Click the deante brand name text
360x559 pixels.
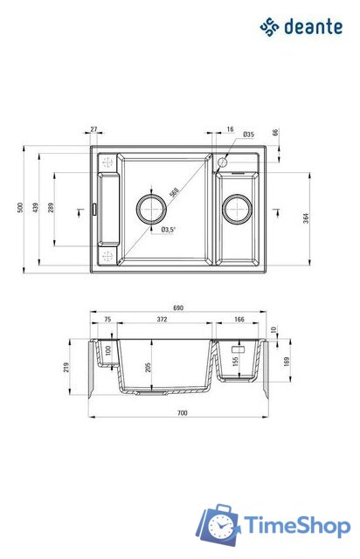coord(313,28)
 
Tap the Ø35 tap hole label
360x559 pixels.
coord(249,135)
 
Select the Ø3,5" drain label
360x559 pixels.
coord(169,231)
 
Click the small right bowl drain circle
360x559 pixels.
coord(237,209)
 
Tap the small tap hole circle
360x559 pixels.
coord(222,162)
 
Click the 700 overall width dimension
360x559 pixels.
coord(181,411)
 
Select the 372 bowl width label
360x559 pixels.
coord(163,321)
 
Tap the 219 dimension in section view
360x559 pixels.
coord(68,368)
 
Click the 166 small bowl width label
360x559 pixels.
coord(239,321)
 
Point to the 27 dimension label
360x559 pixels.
coord(94,129)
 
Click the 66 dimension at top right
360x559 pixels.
coord(275,132)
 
